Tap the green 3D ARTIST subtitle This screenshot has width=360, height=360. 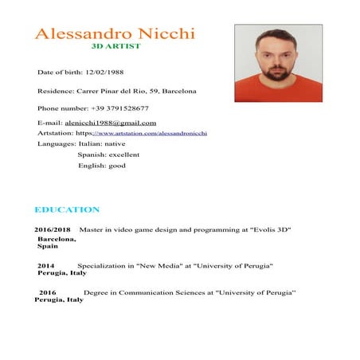click(115, 47)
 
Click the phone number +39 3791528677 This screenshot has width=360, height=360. click(116, 108)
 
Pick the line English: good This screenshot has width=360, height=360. click(101, 166)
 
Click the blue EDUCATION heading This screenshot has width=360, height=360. click(67, 210)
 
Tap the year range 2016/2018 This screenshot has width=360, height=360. click(53, 229)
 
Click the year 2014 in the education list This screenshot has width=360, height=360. click(45, 264)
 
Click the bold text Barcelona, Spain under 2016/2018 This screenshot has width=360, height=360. click(55, 242)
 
